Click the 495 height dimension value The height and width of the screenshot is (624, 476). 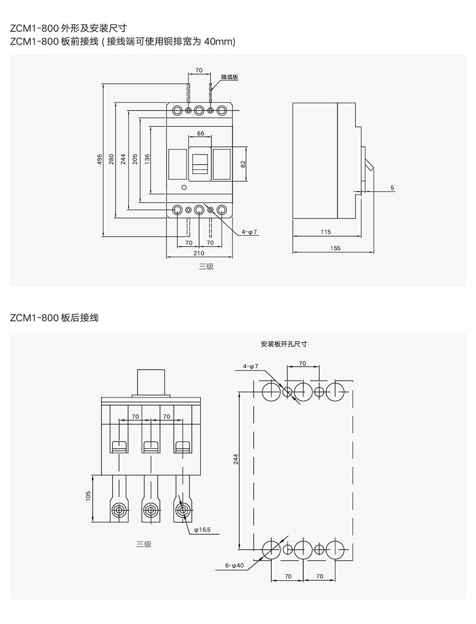pos(99,159)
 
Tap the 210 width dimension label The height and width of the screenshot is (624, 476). pos(199,253)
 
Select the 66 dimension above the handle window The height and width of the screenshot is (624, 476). pos(200,133)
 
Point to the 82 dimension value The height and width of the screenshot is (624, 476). pos(243,164)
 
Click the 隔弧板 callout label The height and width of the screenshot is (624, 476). pos(230,78)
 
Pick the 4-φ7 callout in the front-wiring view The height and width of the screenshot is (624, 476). pos(249,232)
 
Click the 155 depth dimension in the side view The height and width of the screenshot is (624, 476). pos(335,248)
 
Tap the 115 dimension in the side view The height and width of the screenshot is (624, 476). pos(326,232)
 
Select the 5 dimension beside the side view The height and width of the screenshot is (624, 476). pos(392,187)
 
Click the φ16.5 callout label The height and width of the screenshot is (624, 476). pos(202,529)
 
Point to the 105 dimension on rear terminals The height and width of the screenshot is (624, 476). pos(88,496)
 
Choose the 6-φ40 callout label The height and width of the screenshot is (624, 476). pos(234,565)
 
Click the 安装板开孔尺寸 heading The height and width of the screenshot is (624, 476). pos(284,344)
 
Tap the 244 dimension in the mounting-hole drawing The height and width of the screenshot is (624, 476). pos(236,459)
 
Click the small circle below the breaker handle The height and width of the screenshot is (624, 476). pos(184,187)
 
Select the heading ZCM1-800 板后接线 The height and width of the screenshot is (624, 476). pos(54,318)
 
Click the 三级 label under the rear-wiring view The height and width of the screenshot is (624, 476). pos(144,544)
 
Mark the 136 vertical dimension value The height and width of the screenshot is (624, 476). pos(147,159)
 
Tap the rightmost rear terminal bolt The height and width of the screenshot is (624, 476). pos(183,509)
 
